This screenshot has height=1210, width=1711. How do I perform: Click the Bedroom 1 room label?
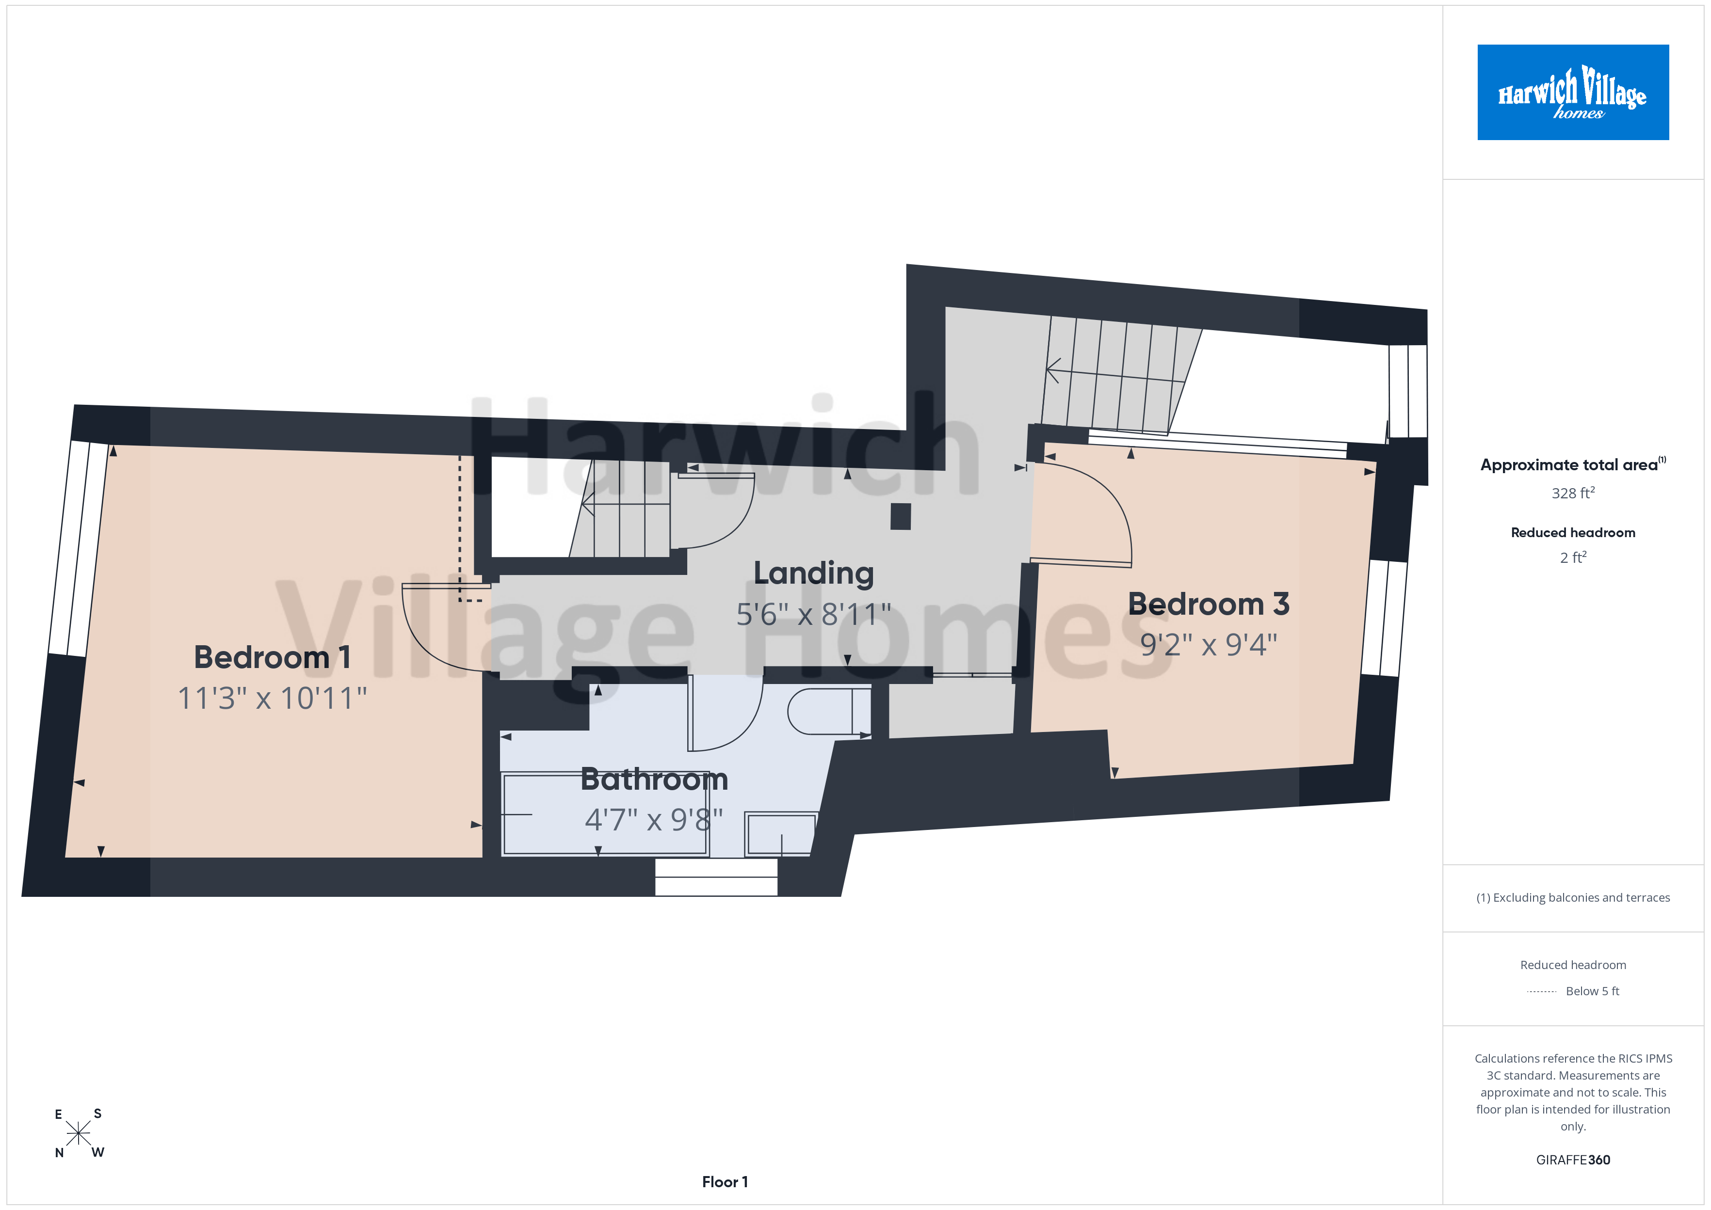[272, 657]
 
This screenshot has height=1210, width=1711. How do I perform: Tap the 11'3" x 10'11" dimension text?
[272, 698]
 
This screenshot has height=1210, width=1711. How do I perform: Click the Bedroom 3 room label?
[1208, 604]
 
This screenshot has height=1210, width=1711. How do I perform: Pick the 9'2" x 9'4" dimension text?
[1208, 644]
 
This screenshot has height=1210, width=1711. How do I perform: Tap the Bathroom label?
[654, 780]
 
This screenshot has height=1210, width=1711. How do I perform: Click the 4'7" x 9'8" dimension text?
[654, 820]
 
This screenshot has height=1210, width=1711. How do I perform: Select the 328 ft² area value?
[1573, 493]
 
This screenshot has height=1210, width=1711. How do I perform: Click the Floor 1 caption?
[725, 1182]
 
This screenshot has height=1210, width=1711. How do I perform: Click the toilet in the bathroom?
[829, 712]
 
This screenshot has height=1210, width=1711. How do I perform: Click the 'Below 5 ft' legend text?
[1593, 991]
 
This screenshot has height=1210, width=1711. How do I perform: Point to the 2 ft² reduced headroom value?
[1573, 557]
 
